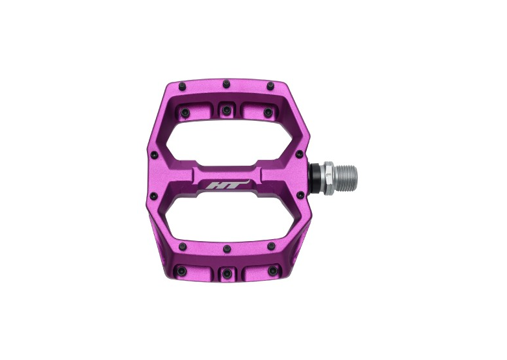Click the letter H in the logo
pyautogui.click(x=212, y=185)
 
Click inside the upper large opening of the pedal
pyautogui.click(x=229, y=142)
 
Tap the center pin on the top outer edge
pyautogui.click(x=226, y=84)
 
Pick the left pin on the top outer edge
pyautogui.click(x=182, y=86)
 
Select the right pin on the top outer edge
pyautogui.click(x=270, y=85)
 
